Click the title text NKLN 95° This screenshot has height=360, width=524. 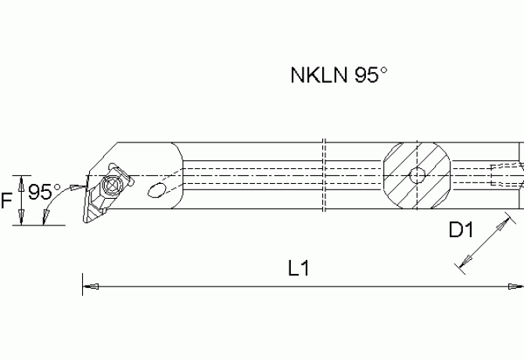click(x=339, y=76)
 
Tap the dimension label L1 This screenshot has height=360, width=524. click(x=299, y=268)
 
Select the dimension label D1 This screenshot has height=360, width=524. click(x=462, y=231)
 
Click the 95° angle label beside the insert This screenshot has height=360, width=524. click(x=45, y=192)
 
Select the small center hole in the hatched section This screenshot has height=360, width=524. click(x=418, y=175)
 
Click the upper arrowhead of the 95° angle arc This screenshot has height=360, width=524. click(x=77, y=186)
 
